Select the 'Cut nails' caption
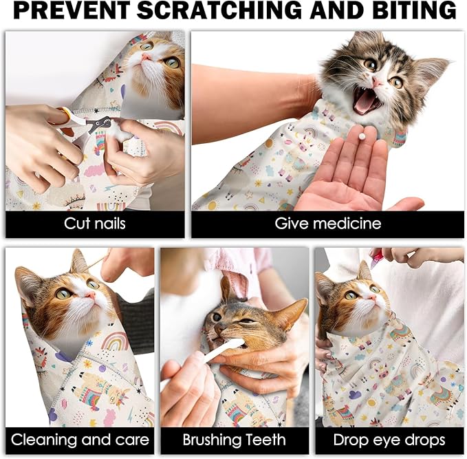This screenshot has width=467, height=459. click(95, 224)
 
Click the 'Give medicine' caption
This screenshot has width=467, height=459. click(327, 224)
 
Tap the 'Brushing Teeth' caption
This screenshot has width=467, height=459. click(235, 440)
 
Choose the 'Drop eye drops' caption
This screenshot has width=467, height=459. click(389, 440)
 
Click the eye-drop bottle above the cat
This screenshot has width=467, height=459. click(376, 258)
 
